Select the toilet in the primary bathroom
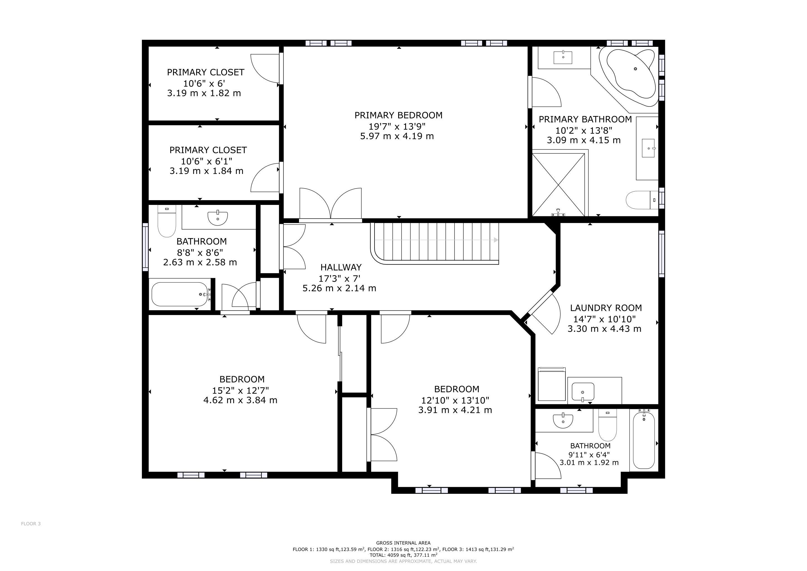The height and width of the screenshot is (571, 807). pyautogui.click(x=642, y=200)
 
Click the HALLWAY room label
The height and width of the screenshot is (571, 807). pyautogui.click(x=341, y=267)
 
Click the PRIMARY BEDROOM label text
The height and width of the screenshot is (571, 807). pyautogui.click(x=398, y=115)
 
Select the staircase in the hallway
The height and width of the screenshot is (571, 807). pyautogui.click(x=435, y=243)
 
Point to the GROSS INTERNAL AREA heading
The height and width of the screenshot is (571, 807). pyautogui.click(x=403, y=543)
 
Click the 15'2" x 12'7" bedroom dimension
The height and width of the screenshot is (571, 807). pyautogui.click(x=240, y=390)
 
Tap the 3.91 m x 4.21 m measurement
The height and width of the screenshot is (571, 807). pyautogui.click(x=455, y=410)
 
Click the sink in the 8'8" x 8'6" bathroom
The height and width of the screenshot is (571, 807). pyautogui.click(x=218, y=218)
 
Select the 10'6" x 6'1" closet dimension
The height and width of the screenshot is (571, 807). pyautogui.click(x=207, y=161)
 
